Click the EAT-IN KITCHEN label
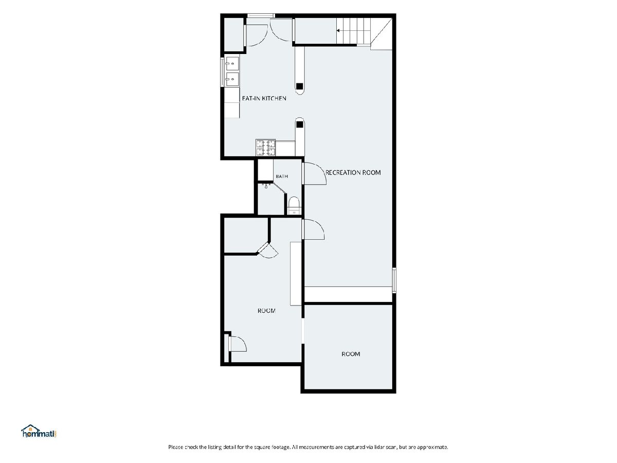[x=264, y=98]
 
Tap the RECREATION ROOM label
[x=353, y=173]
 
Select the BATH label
[x=282, y=176]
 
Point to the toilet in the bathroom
[x=294, y=205]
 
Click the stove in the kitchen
[x=265, y=148]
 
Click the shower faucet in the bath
[x=266, y=186]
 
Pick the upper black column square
[x=300, y=86]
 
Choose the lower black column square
[x=300, y=124]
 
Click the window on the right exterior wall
[x=394, y=280]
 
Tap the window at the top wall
[x=261, y=16]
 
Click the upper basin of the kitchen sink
[x=232, y=64]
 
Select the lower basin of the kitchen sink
[x=232, y=79]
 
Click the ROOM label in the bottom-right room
[x=351, y=354]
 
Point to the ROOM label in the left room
[x=266, y=311]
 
